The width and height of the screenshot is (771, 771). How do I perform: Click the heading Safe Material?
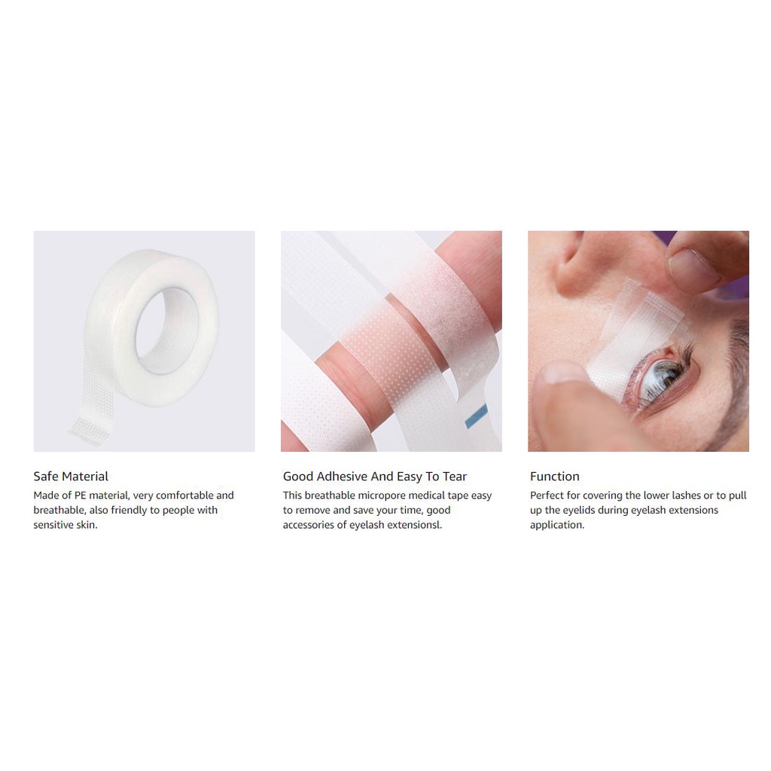[x=71, y=476]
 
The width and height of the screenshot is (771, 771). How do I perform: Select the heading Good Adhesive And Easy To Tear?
[x=375, y=476]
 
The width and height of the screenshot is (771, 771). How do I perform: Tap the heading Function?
[x=555, y=476]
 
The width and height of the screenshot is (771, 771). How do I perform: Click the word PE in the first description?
[x=80, y=495]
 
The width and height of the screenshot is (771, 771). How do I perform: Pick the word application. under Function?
[x=557, y=525]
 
